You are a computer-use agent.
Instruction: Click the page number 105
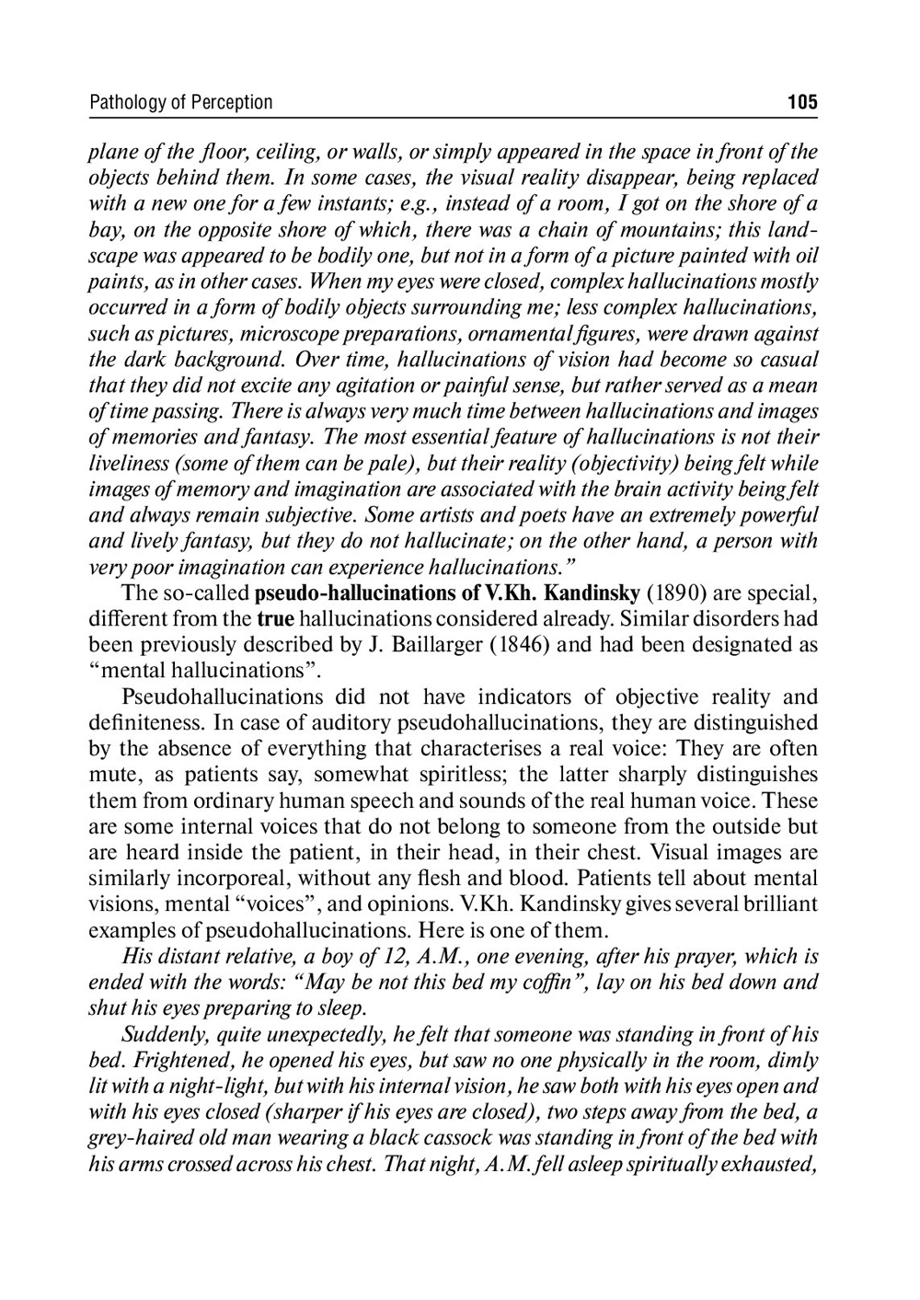point(802,102)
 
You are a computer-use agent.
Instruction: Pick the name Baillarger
point(427,645)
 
